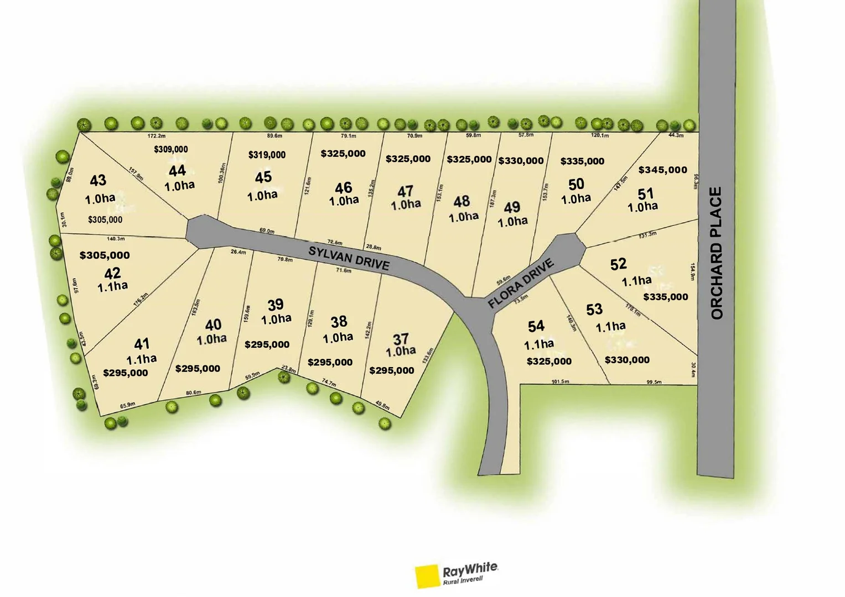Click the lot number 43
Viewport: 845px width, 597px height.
point(98,180)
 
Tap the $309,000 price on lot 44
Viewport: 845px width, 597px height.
point(171,149)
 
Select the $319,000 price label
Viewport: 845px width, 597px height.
point(267,155)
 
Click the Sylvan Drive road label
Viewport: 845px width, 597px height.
point(349,258)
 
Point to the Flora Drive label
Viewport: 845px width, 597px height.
point(520,284)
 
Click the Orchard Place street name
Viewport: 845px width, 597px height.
point(717,253)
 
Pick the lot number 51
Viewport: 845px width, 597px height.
point(646,194)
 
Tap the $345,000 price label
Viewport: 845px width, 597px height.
point(662,170)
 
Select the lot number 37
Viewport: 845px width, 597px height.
point(401,339)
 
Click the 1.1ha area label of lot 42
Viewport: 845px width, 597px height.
point(112,286)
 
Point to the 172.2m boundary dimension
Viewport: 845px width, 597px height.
point(157,136)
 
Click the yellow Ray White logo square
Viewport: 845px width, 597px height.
point(427,576)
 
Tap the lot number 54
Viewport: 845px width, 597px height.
point(536,326)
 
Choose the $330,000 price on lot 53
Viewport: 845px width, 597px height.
point(627,360)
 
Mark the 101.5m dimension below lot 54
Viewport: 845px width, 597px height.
point(560,382)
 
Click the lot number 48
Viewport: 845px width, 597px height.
point(462,201)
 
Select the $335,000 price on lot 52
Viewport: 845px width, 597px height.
point(666,297)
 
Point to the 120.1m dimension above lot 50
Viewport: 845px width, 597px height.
point(600,135)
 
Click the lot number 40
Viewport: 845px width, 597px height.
point(213,324)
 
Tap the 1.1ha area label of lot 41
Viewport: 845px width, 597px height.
point(141,359)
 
